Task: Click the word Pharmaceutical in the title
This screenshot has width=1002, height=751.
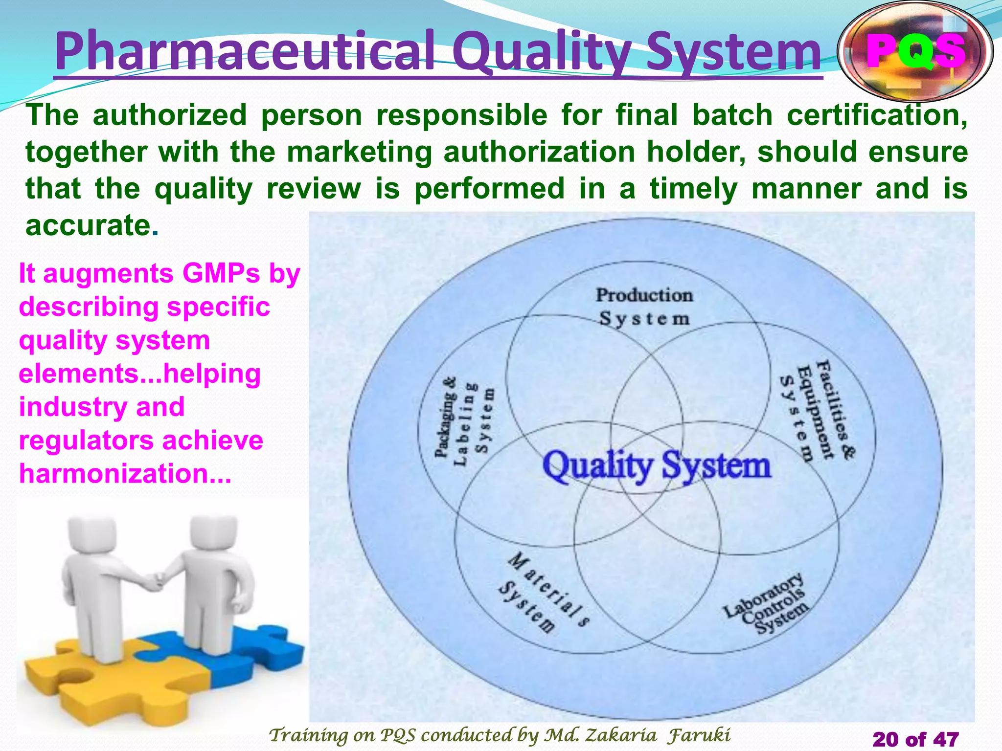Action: point(245,51)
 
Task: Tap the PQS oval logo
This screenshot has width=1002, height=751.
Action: point(915,51)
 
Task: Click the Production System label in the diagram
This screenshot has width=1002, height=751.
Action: point(644,307)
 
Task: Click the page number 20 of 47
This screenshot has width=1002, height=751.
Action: point(915,739)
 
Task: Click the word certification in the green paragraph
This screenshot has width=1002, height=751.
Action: point(876,115)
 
